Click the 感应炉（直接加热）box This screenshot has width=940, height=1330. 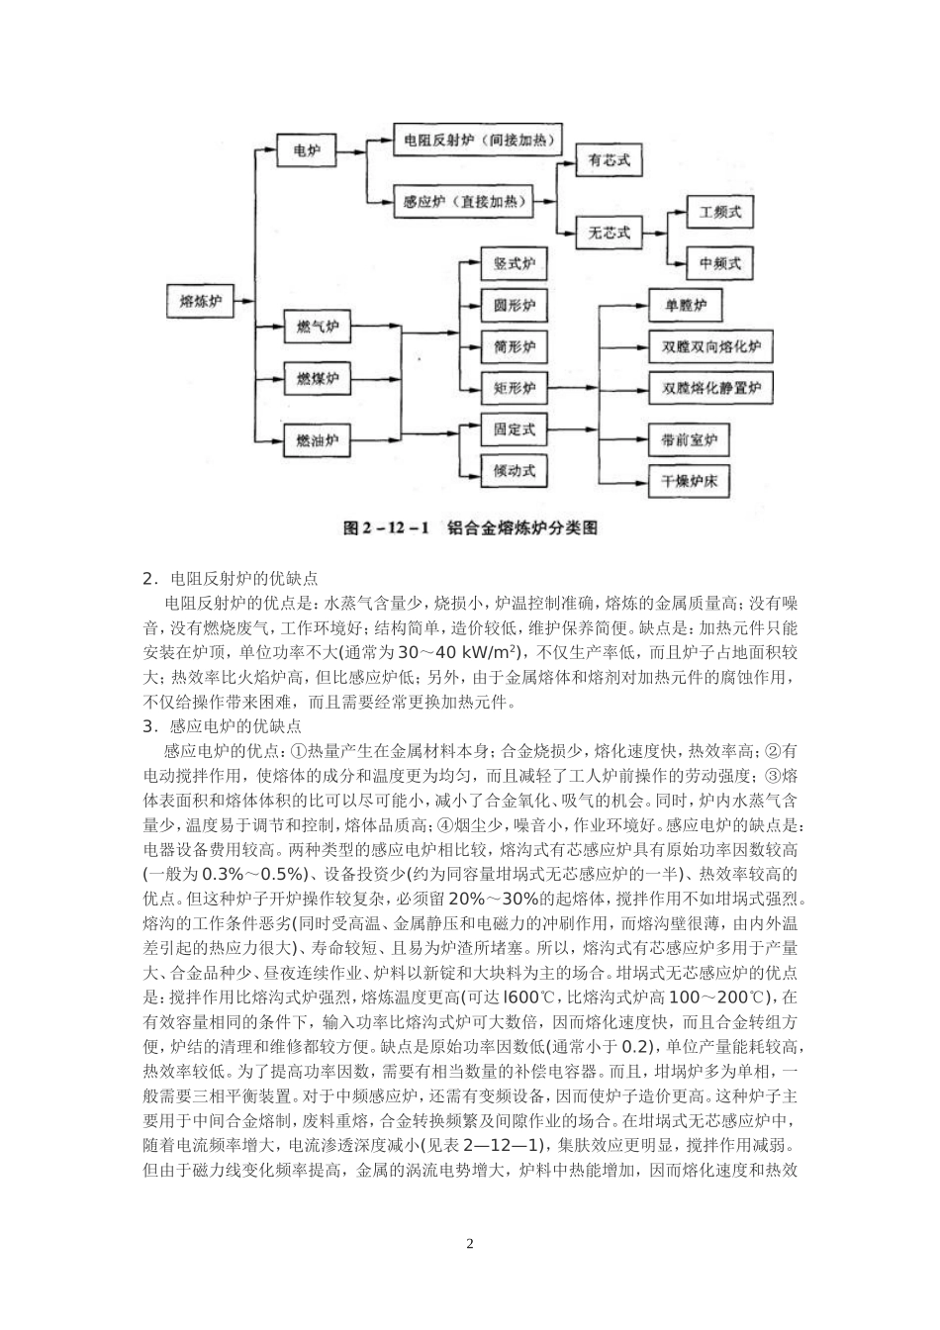(x=463, y=202)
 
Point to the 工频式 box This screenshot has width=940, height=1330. (x=719, y=212)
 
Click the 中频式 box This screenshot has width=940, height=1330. (x=719, y=264)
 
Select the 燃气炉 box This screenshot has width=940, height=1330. (x=318, y=327)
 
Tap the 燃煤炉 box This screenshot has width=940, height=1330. (x=318, y=379)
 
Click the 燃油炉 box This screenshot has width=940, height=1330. (x=318, y=437)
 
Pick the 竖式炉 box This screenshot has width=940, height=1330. (x=514, y=264)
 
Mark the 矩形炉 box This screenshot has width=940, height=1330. (x=514, y=387)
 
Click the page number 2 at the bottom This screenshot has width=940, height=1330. (x=470, y=1244)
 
